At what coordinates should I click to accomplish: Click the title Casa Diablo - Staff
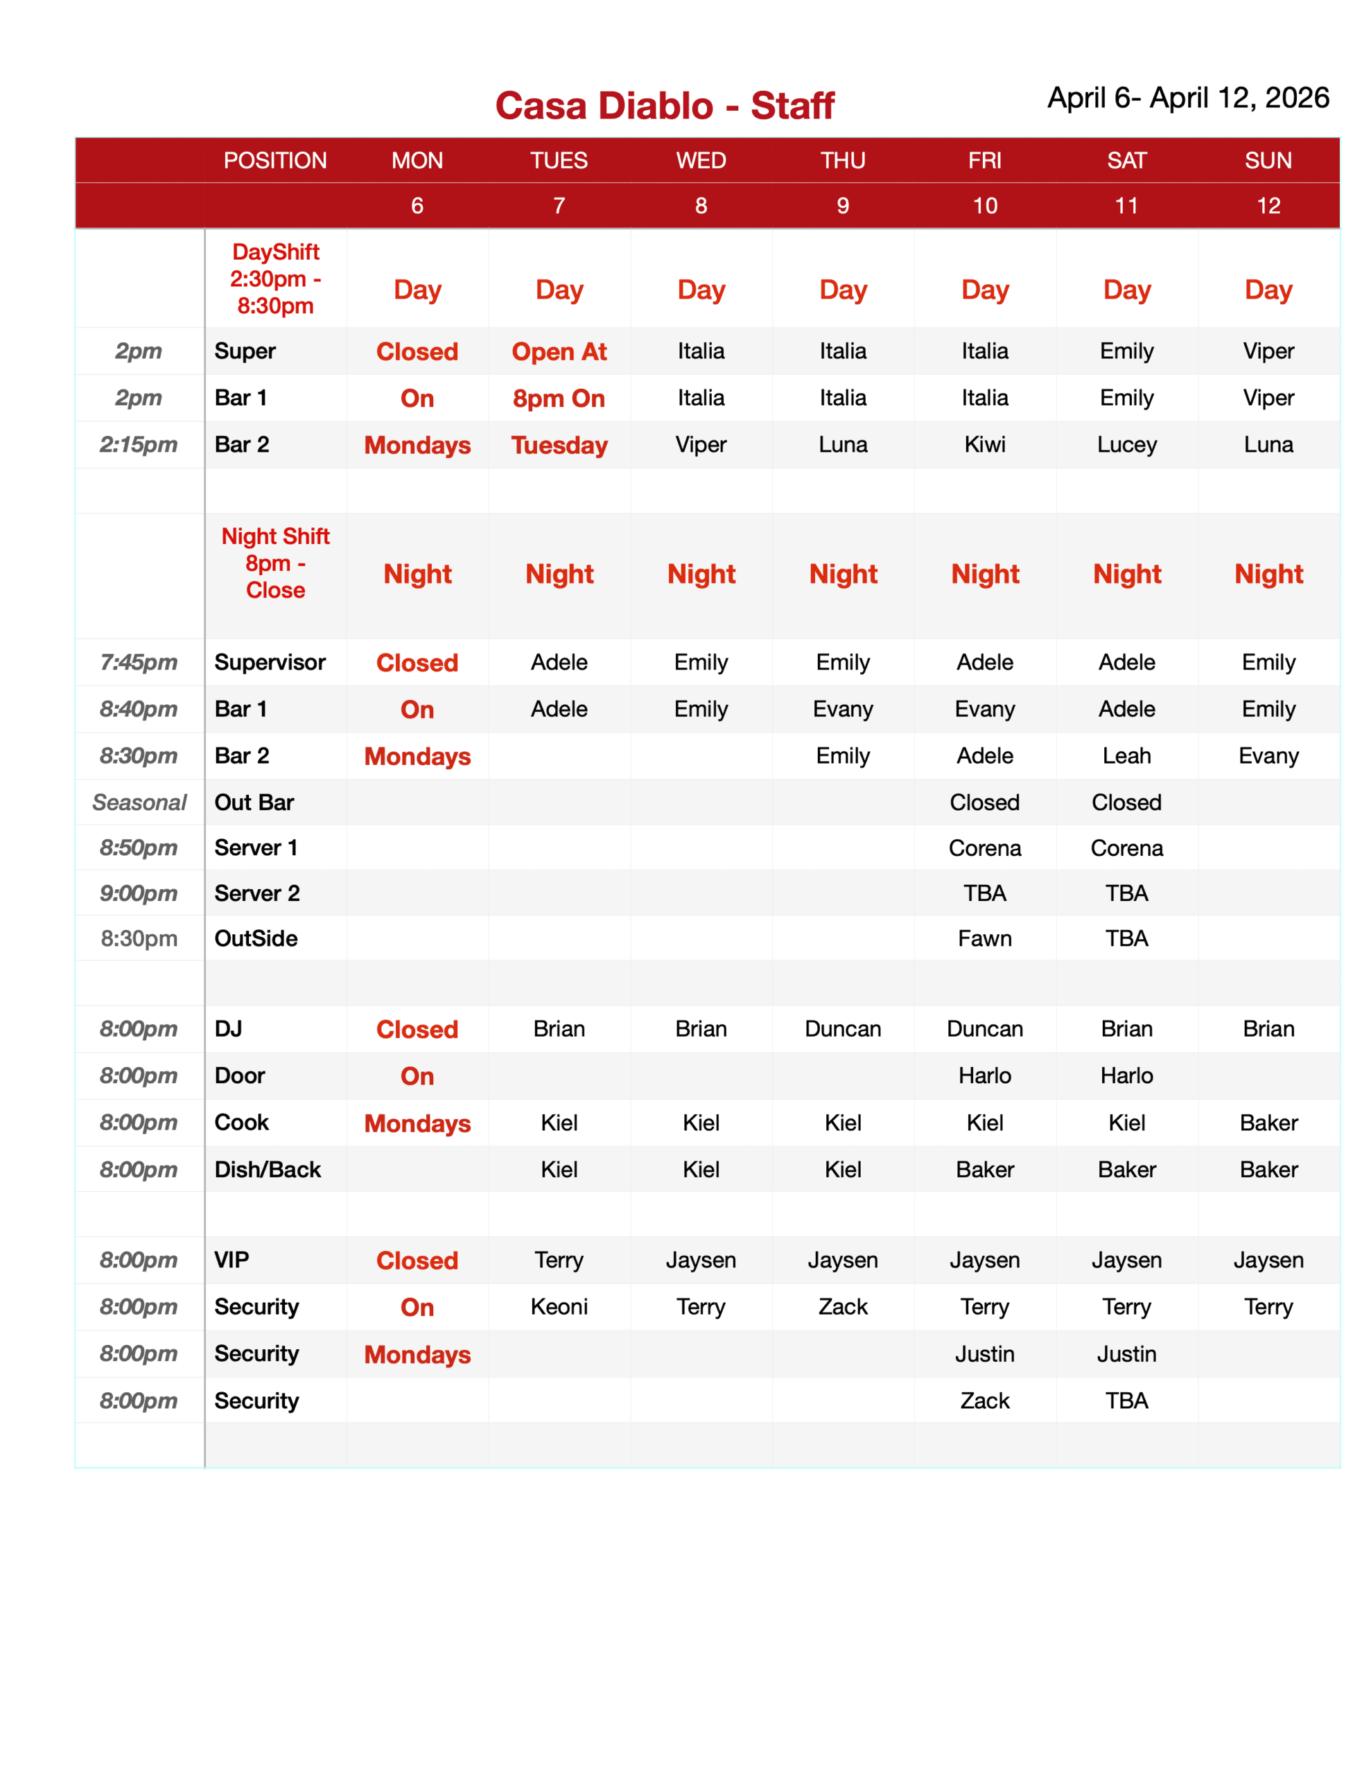click(664, 105)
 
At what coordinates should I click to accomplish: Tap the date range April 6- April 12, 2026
click(1187, 98)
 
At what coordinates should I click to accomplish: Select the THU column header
click(843, 160)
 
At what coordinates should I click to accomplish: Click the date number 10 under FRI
click(984, 206)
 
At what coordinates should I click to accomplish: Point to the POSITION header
click(274, 160)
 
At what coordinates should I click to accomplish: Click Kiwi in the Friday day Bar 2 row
click(984, 444)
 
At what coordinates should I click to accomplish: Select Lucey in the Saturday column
click(1126, 444)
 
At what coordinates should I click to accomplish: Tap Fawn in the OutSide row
click(984, 938)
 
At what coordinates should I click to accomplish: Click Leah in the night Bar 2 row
click(1126, 755)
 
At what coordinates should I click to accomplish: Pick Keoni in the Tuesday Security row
click(559, 1306)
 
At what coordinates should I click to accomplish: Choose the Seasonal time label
click(139, 802)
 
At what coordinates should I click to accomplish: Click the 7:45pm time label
click(138, 662)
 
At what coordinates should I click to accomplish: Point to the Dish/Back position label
click(268, 1169)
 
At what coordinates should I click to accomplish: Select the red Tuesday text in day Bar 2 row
click(559, 445)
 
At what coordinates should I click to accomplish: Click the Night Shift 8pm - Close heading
click(275, 563)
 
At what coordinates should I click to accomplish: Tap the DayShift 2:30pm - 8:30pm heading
click(275, 279)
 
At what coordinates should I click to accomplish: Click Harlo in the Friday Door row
click(984, 1075)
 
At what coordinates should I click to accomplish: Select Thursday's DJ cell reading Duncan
click(843, 1028)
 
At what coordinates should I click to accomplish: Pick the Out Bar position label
click(254, 802)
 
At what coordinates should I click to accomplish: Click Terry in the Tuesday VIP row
click(559, 1260)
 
